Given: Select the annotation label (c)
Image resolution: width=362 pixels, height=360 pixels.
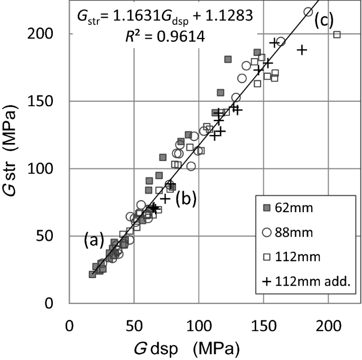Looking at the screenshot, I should point(323,21).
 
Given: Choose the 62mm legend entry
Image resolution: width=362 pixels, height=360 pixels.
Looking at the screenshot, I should point(289,207).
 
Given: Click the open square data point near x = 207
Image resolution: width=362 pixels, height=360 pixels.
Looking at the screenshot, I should point(337,35).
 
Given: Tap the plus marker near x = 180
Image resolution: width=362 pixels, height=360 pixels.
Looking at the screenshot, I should point(302,50).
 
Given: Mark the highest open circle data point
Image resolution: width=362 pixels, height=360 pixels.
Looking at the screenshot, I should point(309,12).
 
